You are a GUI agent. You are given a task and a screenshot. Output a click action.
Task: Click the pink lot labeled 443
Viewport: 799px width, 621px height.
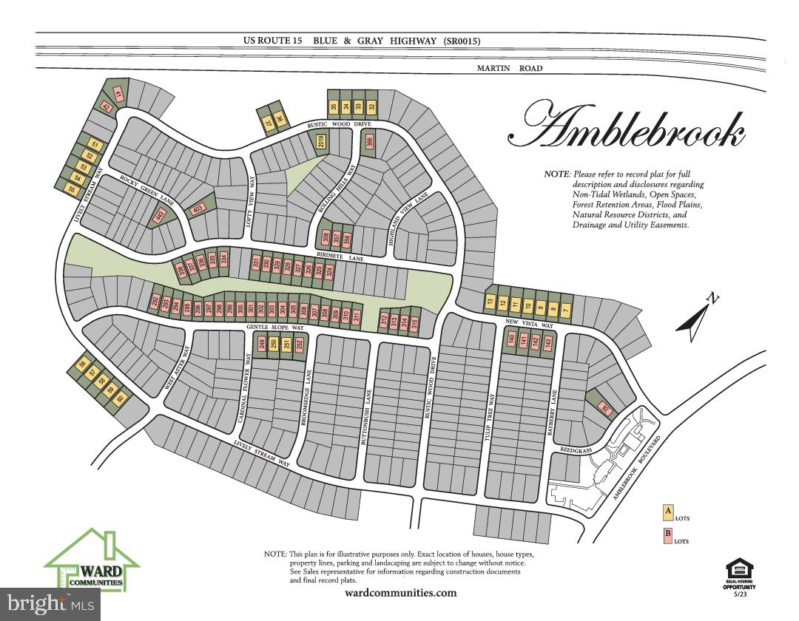159,215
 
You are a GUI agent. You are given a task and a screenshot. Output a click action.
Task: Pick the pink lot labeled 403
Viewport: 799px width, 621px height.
197,210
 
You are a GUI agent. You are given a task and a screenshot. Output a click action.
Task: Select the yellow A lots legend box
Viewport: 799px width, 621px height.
667,511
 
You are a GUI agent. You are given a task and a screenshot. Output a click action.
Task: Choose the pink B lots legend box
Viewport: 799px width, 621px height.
667,535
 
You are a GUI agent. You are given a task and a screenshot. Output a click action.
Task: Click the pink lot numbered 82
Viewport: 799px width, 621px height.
605,409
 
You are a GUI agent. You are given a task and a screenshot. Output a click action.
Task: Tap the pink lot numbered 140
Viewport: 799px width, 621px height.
510,340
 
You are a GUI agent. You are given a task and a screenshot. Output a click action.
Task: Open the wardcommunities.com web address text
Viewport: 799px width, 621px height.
400,593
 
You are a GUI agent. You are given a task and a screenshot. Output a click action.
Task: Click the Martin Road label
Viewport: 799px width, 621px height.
509,68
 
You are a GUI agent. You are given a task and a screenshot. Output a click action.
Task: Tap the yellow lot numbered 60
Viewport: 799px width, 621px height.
121,399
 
